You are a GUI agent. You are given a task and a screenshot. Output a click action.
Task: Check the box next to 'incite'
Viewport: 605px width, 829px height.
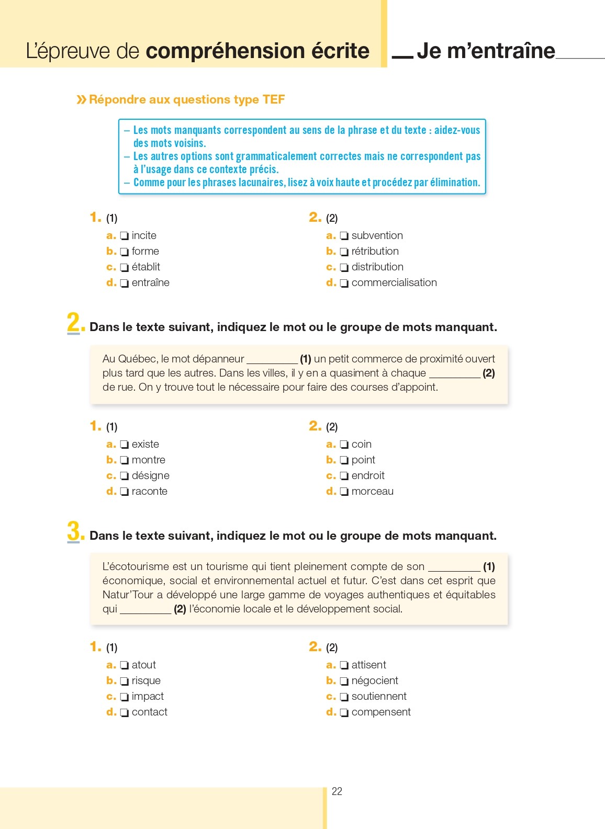point(124,236)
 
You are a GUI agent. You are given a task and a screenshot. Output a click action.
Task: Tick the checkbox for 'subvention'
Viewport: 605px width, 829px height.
point(344,236)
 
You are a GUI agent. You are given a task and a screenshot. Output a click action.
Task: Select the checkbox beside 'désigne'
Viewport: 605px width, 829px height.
point(124,476)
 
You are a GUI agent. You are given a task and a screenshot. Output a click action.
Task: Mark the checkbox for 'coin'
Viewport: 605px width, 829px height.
point(344,445)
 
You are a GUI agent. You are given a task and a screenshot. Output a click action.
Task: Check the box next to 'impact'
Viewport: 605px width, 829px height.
point(124,697)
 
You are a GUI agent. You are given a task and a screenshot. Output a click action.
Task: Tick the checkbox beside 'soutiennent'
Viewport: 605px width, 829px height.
point(344,697)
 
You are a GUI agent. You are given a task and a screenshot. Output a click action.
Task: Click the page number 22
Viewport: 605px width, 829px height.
point(337,791)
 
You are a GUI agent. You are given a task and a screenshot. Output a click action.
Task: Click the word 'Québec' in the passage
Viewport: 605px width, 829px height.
point(138,359)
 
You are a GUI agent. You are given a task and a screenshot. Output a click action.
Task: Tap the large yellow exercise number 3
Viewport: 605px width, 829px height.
point(74,531)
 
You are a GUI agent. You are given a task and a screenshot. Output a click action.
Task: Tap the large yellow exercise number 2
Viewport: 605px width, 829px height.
point(74,322)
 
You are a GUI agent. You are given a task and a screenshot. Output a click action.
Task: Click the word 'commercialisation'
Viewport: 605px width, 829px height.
point(394,282)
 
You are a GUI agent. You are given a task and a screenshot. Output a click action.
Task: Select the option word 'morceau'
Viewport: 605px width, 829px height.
point(372,491)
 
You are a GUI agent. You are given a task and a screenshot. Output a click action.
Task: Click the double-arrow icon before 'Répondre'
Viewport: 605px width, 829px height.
point(81,99)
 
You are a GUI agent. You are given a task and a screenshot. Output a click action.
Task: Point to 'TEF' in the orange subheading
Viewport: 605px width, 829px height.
point(273,99)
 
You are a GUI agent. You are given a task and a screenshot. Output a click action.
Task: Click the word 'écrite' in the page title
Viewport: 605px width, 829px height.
point(340,51)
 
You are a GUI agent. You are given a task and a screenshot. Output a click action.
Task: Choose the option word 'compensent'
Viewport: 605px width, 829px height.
point(381,712)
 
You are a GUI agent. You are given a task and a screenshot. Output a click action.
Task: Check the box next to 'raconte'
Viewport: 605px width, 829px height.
point(124,492)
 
